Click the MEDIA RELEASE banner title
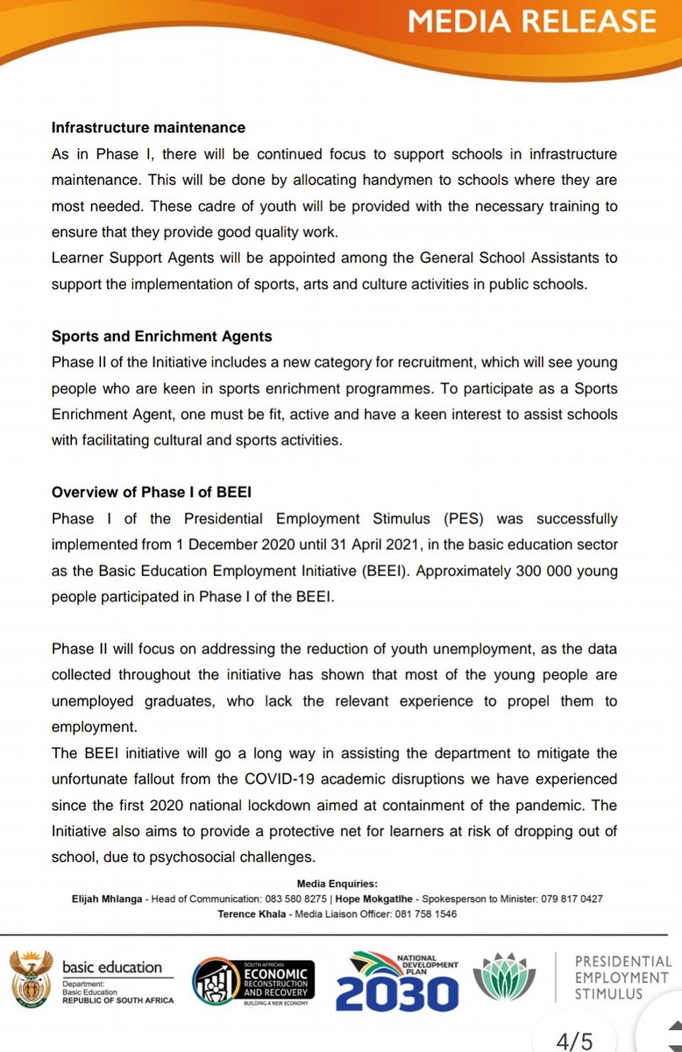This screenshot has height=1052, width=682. (532, 21)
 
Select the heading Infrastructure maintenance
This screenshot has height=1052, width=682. (148, 128)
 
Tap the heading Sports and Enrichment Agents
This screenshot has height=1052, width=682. (161, 336)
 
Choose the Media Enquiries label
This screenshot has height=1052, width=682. (337, 884)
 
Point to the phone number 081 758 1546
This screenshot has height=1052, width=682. (423, 913)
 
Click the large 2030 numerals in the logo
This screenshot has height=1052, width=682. (397, 992)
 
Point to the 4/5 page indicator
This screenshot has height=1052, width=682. (574, 1041)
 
